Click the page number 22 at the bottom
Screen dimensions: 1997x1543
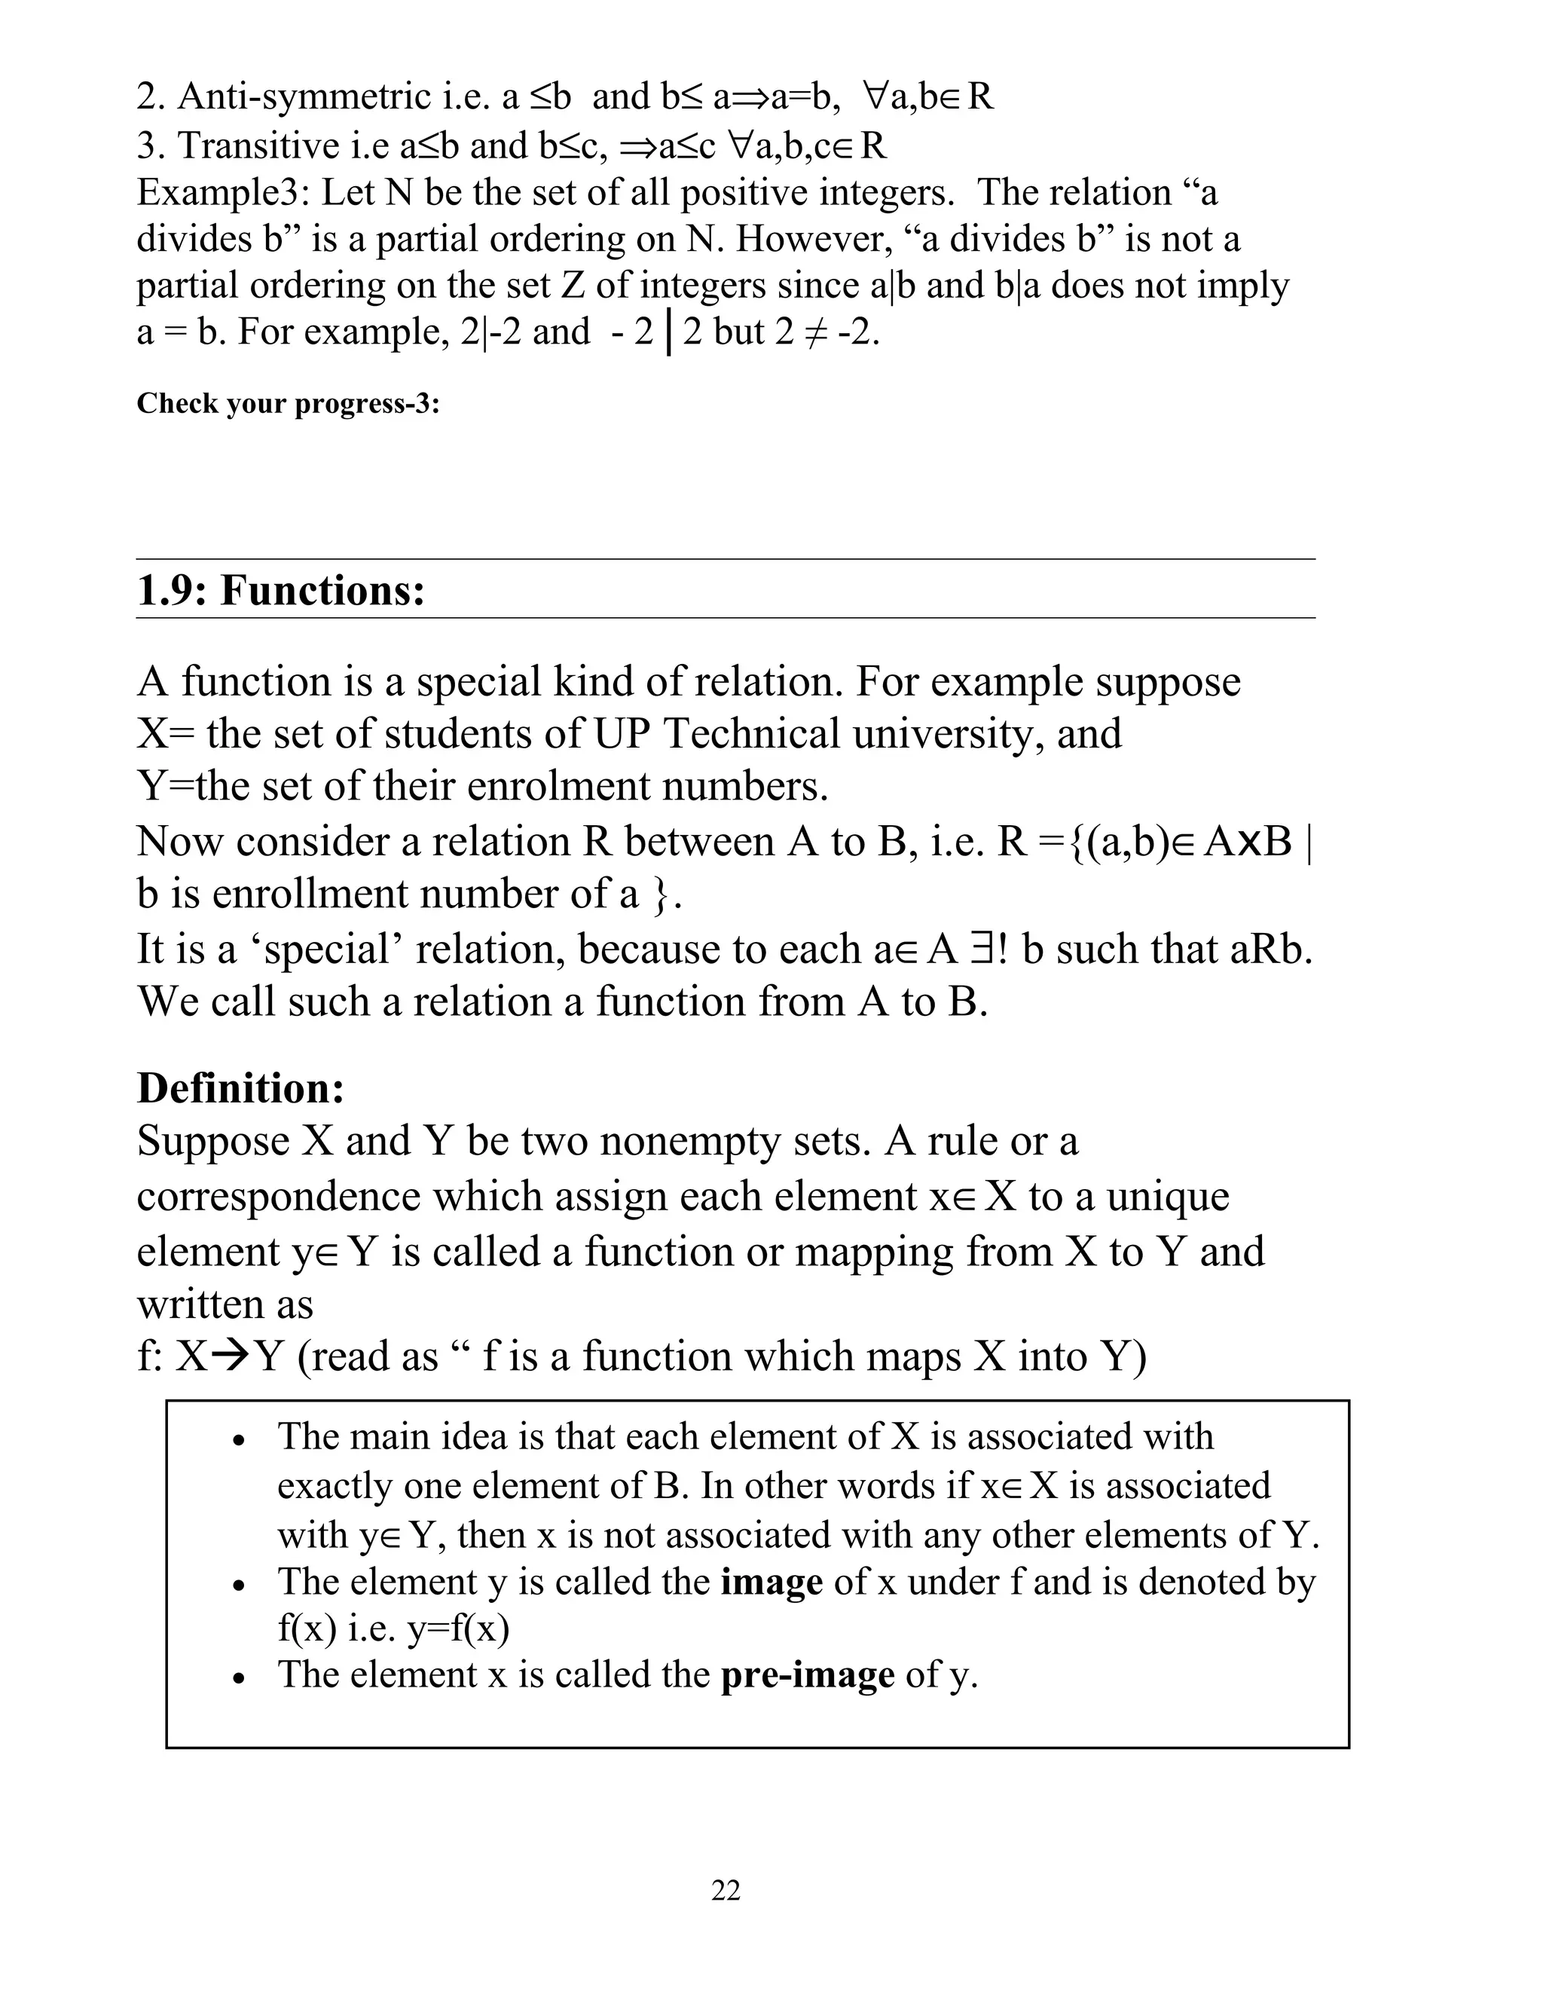(725, 1889)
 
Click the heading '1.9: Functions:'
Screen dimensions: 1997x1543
(280, 591)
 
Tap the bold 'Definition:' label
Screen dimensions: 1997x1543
(240, 1087)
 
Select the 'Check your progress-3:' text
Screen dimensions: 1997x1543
(288, 403)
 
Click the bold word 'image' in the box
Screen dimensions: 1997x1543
(771, 1581)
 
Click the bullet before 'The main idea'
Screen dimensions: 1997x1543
(239, 1440)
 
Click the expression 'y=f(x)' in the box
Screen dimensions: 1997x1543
(456, 1628)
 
